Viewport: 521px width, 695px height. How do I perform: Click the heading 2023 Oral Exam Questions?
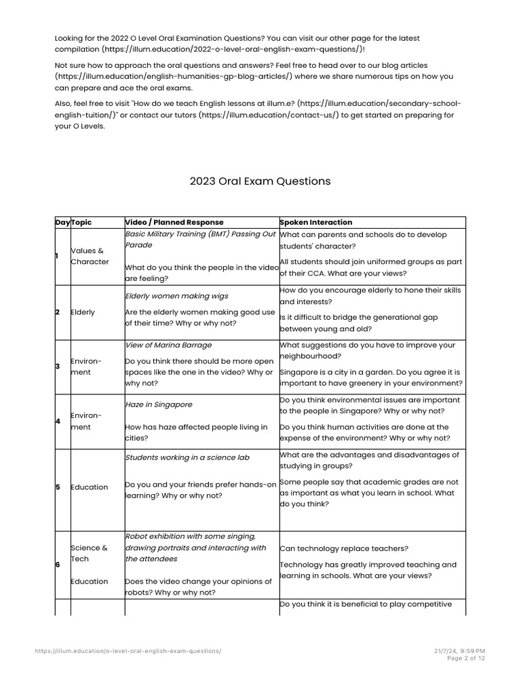pos(260,181)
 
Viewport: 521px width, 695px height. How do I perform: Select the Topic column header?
pos(81,222)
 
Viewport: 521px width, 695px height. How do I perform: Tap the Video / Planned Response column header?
pos(174,222)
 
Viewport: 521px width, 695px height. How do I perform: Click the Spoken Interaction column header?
pos(316,222)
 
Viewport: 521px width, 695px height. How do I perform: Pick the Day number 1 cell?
pos(58,256)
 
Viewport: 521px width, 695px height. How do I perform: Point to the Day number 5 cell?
pos(58,487)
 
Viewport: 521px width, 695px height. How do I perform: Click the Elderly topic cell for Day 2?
pos(83,312)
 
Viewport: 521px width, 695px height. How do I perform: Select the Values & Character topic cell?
pos(90,256)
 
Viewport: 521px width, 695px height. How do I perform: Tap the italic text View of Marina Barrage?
pos(168,345)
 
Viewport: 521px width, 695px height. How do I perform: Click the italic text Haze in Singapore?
pos(159,405)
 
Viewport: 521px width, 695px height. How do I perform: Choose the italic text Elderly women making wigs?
pos(176,296)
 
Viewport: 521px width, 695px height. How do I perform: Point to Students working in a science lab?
pos(187,457)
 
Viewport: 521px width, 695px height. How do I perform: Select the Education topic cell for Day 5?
pos(89,487)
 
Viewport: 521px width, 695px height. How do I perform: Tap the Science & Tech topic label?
pos(89,553)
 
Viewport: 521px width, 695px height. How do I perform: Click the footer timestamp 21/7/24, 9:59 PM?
pos(459,651)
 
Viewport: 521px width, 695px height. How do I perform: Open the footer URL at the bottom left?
pos(128,651)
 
